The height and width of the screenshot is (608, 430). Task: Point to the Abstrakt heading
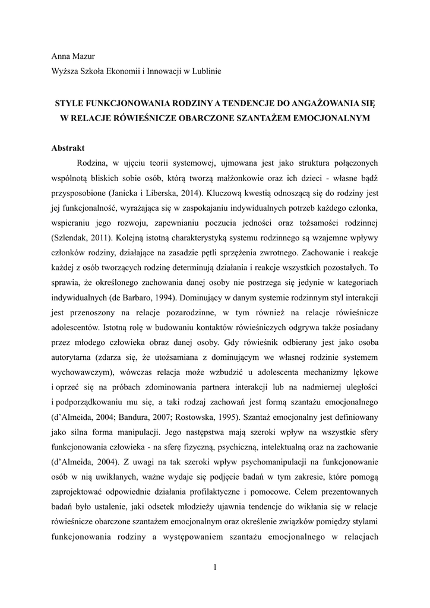click(x=68, y=148)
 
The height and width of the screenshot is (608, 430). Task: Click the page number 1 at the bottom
click(x=215, y=567)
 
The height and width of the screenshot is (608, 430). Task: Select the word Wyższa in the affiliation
click(x=67, y=71)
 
